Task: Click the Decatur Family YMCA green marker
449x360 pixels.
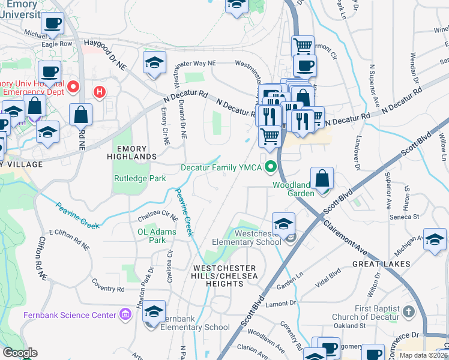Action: click(271, 167)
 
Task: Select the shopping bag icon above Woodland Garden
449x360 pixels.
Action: click(322, 179)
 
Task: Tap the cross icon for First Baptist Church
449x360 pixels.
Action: click(409, 312)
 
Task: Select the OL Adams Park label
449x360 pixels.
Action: click(157, 236)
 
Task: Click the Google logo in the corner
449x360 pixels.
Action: click(20, 352)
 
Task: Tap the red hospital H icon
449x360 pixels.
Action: click(100, 92)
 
